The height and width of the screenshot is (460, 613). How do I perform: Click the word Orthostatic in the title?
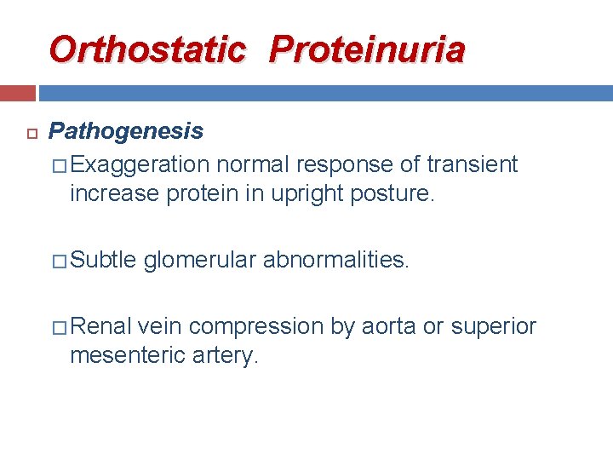pyautogui.click(x=146, y=49)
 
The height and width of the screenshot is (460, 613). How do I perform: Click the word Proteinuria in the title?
pyautogui.click(x=367, y=49)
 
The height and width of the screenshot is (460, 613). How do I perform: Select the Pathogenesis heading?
pyautogui.click(x=126, y=131)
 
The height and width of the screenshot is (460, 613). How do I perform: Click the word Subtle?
pyautogui.click(x=103, y=259)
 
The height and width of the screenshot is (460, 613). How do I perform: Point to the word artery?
pyautogui.click(x=224, y=355)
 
